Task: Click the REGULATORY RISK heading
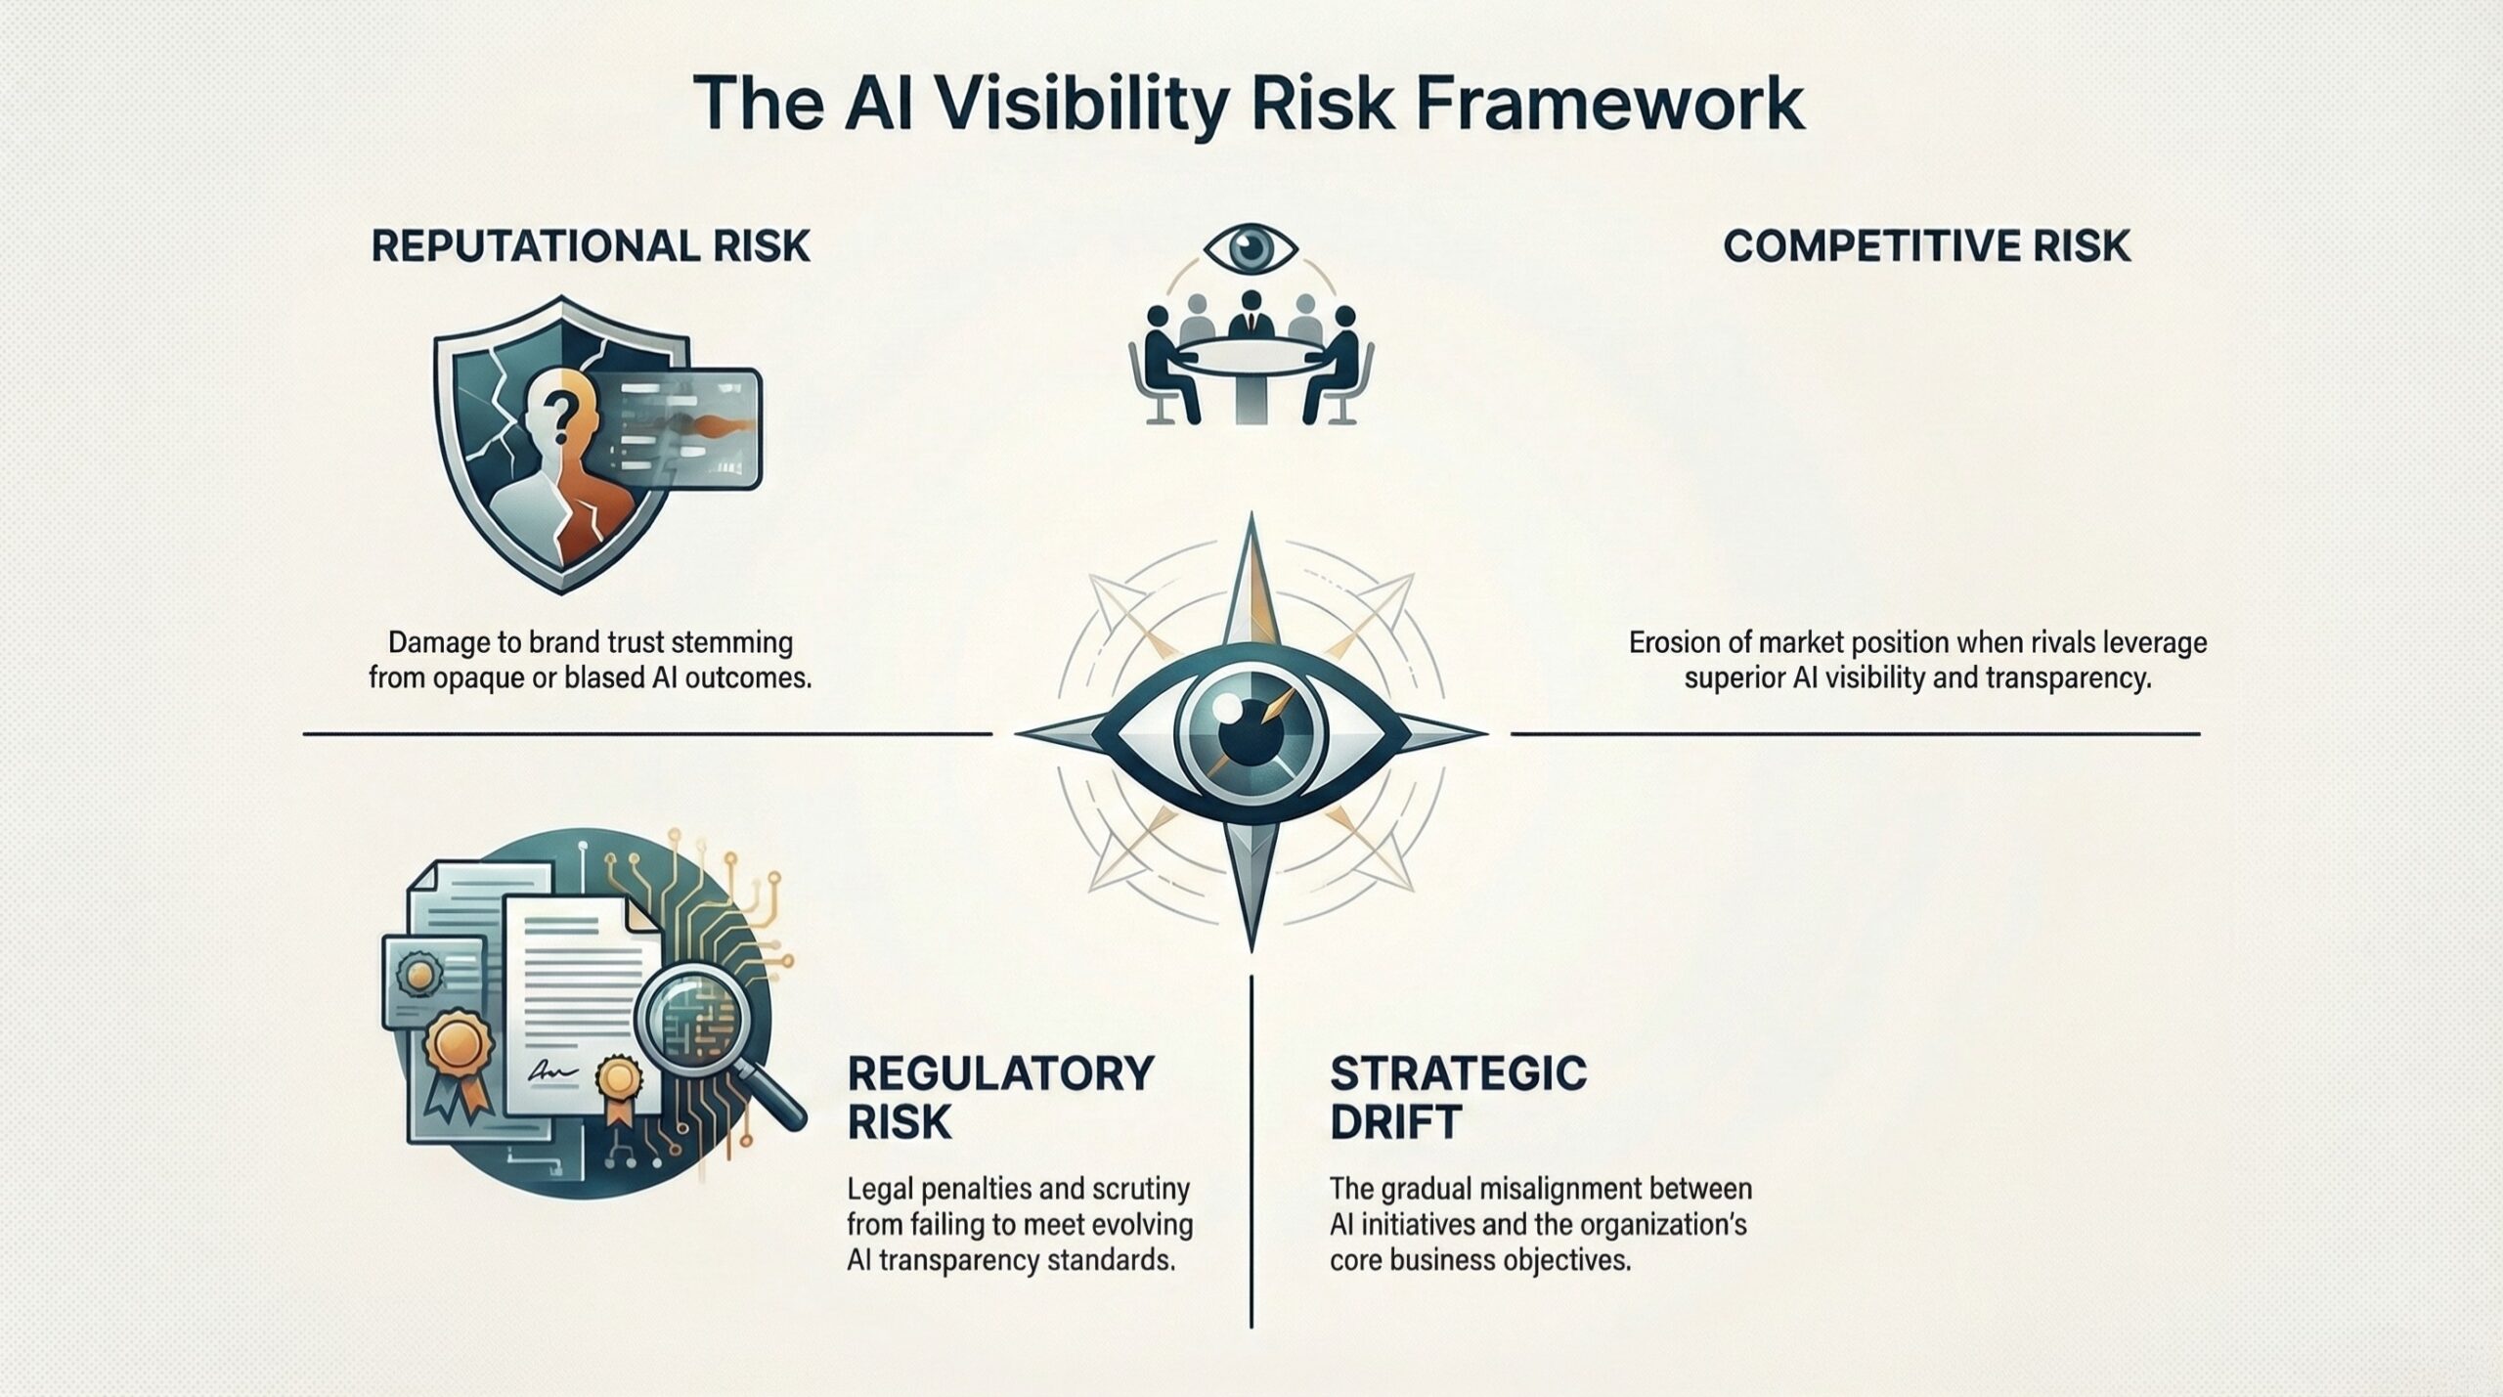[x=999, y=1098]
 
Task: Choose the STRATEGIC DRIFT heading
[x=1458, y=1098]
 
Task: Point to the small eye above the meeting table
[x=1251, y=248]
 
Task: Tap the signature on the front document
[x=550, y=1073]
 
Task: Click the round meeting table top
[x=1251, y=354]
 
